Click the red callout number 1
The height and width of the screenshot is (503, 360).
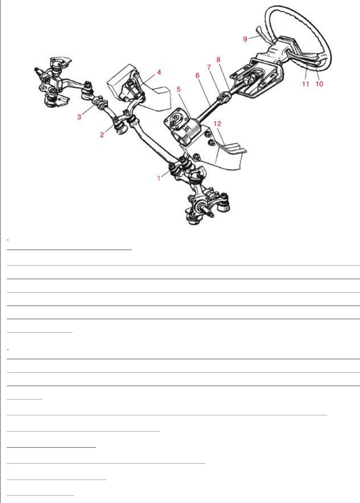[159, 178]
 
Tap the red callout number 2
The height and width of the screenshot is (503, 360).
[102, 135]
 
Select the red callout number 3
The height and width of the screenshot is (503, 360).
[79, 117]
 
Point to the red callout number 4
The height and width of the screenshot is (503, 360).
[159, 72]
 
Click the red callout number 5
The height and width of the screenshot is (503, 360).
[178, 89]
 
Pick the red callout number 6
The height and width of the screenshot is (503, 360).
[197, 75]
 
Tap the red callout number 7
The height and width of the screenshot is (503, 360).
[209, 67]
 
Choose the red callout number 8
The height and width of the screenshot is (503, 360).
[219, 59]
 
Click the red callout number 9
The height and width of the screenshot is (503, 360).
[245, 39]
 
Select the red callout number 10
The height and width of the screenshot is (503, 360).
[319, 84]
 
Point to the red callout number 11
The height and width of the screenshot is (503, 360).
[306, 84]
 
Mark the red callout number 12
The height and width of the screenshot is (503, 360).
[217, 124]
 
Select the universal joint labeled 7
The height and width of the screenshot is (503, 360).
[223, 97]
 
